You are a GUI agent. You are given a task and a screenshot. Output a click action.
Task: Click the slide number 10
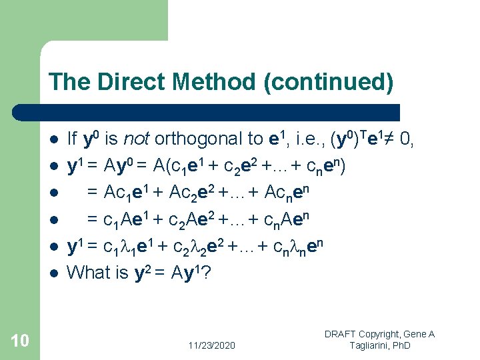coord(20,341)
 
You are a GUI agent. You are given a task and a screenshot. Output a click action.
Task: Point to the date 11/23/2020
coord(211,345)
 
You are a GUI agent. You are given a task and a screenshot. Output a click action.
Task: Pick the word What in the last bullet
coord(88,273)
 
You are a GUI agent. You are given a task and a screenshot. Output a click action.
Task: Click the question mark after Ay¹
coord(207,273)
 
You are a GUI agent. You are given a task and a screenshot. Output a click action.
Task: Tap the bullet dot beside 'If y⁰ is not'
coord(53,140)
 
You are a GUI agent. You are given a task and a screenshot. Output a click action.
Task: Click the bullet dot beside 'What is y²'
coord(53,273)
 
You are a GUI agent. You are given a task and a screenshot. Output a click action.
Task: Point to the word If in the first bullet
coord(73,139)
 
